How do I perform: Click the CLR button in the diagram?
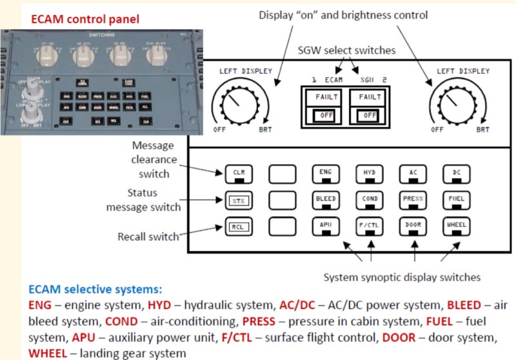238,172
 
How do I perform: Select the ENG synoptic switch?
325,172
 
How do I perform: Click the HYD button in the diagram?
370,172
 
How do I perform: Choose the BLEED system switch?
325,199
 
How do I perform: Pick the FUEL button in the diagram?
457,199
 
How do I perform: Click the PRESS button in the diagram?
413,199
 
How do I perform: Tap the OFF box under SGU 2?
369,115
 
